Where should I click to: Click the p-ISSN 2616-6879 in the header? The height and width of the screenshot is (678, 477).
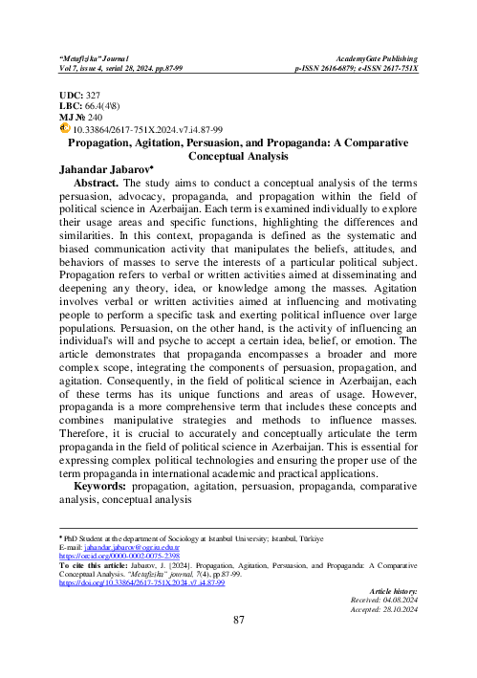coord(330,67)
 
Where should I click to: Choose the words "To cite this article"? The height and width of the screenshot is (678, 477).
coord(96,565)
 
